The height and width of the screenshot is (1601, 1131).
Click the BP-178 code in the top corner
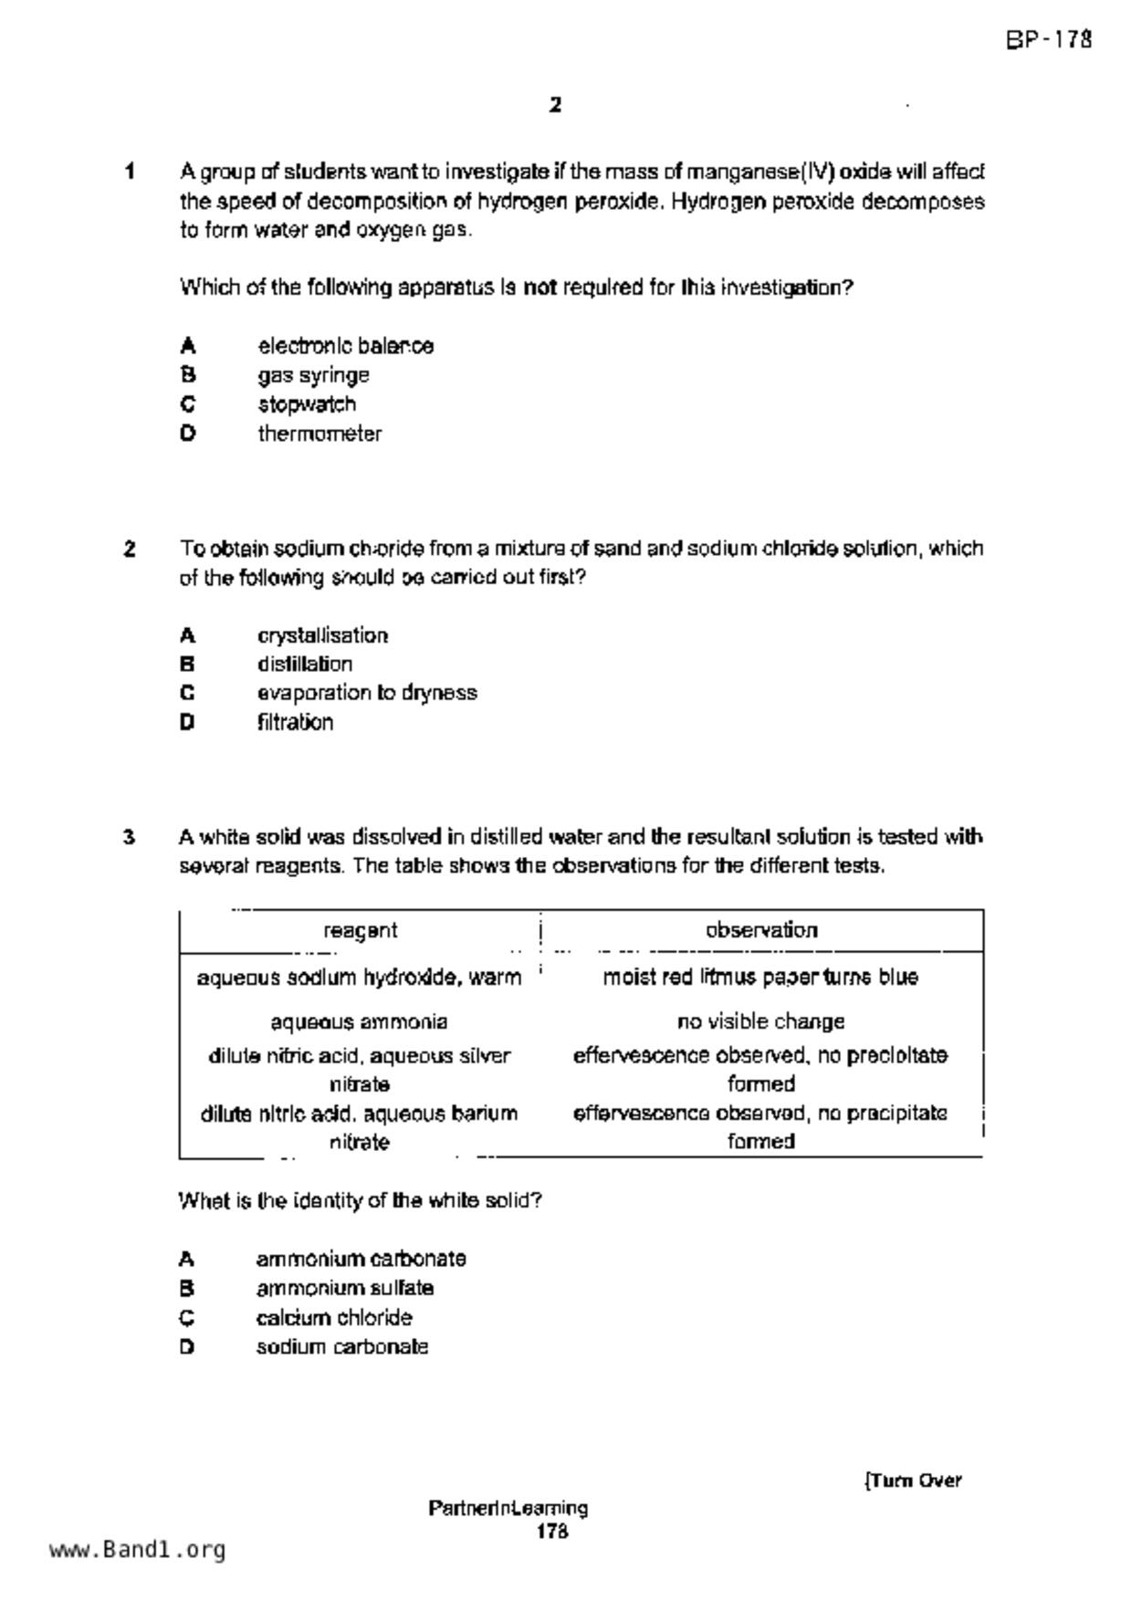tap(1049, 40)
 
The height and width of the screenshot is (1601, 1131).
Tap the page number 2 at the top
tap(555, 105)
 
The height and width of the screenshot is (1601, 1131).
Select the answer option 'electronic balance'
tap(345, 346)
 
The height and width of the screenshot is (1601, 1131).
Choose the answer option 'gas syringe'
tap(313, 375)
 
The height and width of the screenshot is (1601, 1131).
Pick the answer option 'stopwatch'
tap(307, 404)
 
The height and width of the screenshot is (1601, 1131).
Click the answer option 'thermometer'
tap(319, 434)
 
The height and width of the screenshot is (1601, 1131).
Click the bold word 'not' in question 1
tap(539, 288)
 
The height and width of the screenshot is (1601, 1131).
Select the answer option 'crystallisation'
tap(322, 635)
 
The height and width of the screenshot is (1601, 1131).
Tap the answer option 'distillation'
tap(304, 664)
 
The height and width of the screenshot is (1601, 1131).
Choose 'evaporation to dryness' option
tap(367, 693)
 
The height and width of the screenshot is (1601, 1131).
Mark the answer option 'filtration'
tap(295, 722)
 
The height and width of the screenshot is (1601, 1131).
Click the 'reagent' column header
tap(361, 930)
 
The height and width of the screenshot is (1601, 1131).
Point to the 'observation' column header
tap(761, 930)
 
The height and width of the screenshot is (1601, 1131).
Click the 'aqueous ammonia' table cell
tap(360, 1021)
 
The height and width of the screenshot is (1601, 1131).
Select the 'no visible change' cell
tap(760, 1021)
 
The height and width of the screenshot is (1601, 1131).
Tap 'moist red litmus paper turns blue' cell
tap(760, 978)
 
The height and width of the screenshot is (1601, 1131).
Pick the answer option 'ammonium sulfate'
tap(344, 1288)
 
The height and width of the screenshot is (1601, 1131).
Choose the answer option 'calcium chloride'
tap(334, 1317)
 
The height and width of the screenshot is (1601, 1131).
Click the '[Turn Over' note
tap(913, 1481)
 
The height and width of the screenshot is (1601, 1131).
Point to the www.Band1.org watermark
tap(137, 1549)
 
